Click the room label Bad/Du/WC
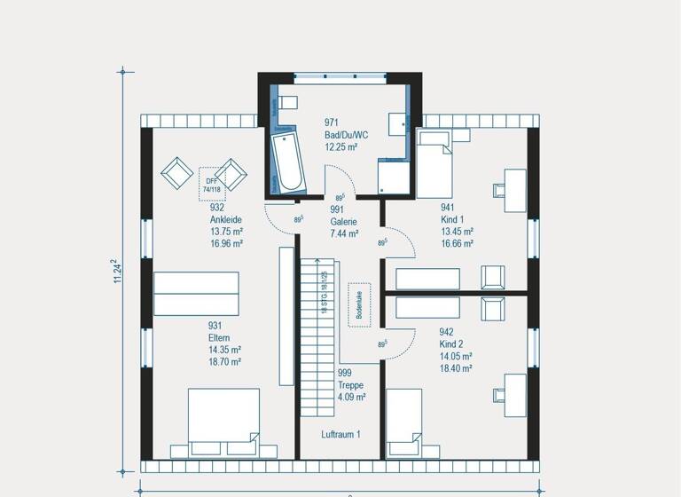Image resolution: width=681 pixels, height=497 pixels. pos(340,135)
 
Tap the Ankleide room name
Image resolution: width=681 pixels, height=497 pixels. pos(225,219)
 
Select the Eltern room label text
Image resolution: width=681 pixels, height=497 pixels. pos(219,338)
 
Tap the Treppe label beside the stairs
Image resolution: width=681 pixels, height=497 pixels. pos(351,386)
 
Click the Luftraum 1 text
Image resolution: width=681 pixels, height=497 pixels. pos(340,435)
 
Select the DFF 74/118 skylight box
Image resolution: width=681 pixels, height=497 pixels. pos(212,179)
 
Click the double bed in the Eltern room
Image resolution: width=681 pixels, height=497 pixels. pos(223,422)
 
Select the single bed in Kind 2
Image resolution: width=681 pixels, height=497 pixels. pos(403,423)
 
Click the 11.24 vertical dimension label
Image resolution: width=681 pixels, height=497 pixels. pos(115,272)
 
